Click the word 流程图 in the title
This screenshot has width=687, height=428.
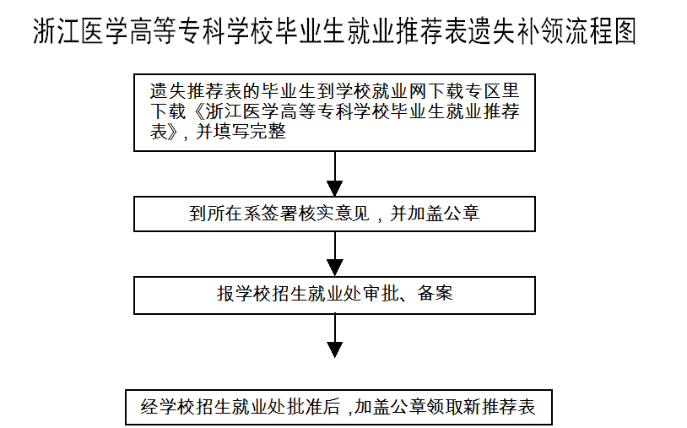tap(601, 31)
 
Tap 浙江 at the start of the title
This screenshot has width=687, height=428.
tap(57, 31)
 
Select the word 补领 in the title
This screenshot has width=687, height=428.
tap(541, 31)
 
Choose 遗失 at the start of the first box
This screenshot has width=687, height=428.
tap(168, 91)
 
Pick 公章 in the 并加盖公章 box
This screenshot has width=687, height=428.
tap(462, 214)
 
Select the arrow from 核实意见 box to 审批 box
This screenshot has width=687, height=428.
tap(335, 254)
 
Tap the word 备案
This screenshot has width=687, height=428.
tap(435, 294)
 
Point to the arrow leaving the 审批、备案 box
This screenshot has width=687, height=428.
tap(335, 336)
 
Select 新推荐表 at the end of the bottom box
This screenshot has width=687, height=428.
tap(500, 407)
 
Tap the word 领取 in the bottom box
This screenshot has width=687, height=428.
tap(445, 407)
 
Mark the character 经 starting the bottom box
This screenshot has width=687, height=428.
tap(149, 407)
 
